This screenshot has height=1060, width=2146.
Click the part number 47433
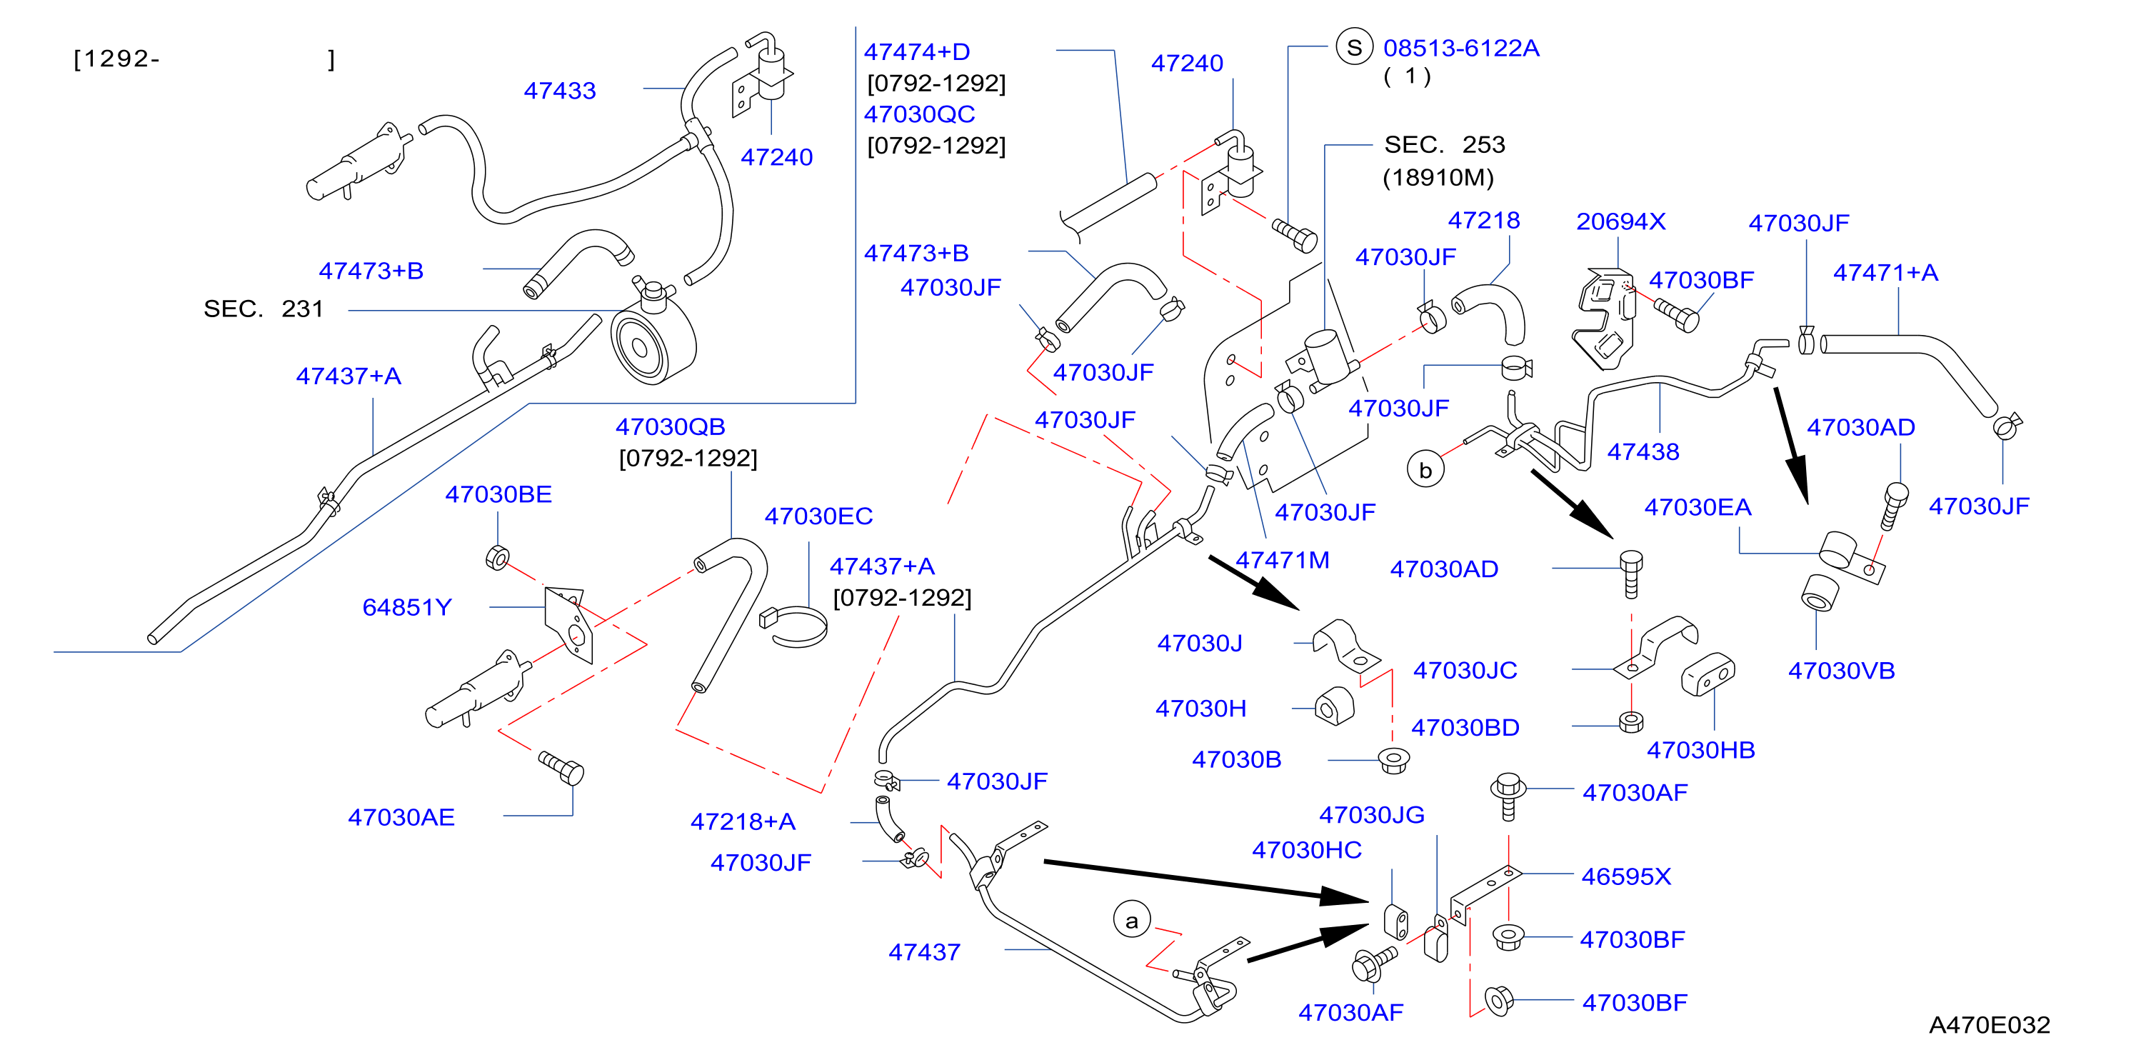560,91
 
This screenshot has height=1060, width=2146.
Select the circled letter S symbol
1354,47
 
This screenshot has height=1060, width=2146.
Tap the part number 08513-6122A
1461,49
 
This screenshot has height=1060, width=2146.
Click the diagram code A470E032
1990,1024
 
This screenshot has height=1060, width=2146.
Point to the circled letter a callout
1131,920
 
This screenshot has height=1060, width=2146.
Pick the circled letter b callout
1425,470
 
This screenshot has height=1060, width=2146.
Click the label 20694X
1620,221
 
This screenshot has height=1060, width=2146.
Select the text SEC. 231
264,309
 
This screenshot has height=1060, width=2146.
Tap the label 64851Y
406,607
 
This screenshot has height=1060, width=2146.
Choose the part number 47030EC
818,516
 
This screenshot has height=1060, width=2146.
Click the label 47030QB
670,426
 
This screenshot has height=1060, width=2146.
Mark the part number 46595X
1625,876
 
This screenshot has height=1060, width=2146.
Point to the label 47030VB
1841,671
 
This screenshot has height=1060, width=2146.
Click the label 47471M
1282,560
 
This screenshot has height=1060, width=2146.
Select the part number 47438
1643,451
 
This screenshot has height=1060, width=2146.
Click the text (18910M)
1438,177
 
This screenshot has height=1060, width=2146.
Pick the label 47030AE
401,817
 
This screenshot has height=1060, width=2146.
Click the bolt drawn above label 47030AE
561,767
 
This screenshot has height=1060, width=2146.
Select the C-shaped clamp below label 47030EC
793,626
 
